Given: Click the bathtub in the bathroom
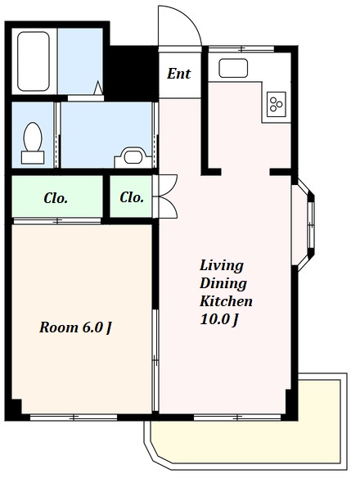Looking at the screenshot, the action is coord(34,61).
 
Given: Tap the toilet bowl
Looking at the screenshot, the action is coord(33,137).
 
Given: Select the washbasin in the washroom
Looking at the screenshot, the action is coord(133,157).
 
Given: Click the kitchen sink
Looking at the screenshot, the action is coord(233,68).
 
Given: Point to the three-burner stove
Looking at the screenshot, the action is coord(277,104).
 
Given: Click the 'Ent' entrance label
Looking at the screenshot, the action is coord(179,74).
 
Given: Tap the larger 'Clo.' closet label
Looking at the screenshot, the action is coord(56,198).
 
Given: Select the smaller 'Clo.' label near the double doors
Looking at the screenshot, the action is coord(132,197).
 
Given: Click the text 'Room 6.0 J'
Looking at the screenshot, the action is coord(75,327).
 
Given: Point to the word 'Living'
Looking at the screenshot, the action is coord(222,266).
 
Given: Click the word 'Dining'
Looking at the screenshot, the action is coord(223,284).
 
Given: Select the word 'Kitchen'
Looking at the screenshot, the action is coord(226,301).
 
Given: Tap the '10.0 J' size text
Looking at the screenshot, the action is coord(219,319).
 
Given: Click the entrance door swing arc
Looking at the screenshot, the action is coord(188,19).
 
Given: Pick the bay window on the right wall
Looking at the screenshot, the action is coord(304,226).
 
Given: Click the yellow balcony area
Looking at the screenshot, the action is coord(246,441).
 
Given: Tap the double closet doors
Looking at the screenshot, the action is coord(165,196).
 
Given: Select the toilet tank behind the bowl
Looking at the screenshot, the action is coord(33,157).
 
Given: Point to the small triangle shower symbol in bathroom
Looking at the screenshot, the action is coord(98,88).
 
